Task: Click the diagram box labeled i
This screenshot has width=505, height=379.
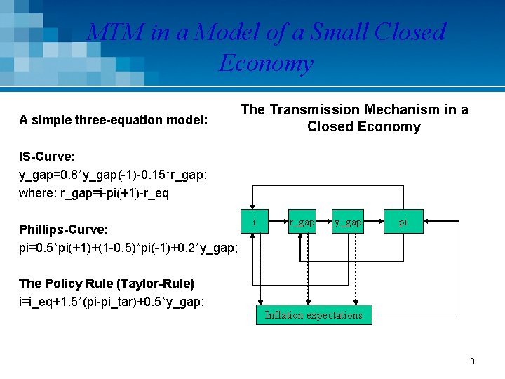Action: click(254, 222)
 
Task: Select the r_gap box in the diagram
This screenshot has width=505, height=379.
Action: click(302, 222)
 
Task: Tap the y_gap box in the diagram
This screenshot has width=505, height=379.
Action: click(348, 222)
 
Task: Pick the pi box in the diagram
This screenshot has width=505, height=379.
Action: click(403, 222)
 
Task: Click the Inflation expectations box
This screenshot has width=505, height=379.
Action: click(314, 315)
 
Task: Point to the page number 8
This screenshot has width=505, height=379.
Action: click(472, 361)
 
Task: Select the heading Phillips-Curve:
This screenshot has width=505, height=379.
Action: click(64, 230)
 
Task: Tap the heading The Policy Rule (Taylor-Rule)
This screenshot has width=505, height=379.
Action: click(107, 284)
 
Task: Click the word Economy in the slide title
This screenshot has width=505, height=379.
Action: click(265, 63)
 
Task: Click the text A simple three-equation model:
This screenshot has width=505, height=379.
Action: click(114, 120)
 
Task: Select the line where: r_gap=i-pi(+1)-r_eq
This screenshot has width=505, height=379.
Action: click(94, 193)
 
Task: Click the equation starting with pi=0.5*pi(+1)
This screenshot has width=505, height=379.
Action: click(128, 248)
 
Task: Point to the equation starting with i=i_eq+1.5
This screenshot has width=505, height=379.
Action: click(112, 302)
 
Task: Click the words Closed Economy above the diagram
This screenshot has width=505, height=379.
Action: click(363, 127)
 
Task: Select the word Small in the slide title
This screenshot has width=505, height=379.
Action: click(339, 32)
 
